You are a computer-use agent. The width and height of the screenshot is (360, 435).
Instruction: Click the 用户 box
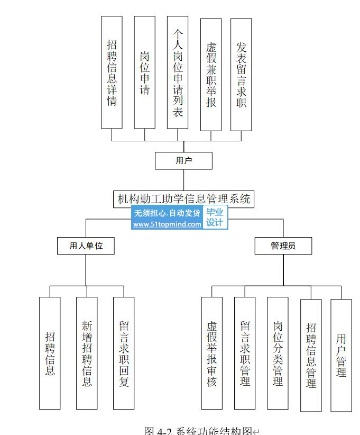click(x=183, y=161)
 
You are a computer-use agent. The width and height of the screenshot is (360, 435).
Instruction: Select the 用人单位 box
click(x=86, y=246)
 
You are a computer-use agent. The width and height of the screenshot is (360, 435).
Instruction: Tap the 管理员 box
click(x=283, y=246)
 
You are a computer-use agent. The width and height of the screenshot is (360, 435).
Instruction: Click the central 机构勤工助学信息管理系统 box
click(x=183, y=200)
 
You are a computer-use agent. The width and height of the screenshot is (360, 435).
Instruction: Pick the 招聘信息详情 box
click(x=112, y=72)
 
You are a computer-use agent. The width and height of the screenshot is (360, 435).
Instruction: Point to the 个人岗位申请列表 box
click(x=178, y=72)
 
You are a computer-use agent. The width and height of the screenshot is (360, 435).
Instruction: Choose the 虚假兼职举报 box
click(x=211, y=74)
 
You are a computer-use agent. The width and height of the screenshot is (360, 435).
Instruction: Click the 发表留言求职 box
click(x=241, y=74)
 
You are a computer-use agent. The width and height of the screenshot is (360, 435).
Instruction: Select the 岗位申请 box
click(x=144, y=72)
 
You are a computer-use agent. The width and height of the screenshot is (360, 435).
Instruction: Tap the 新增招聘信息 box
click(x=87, y=353)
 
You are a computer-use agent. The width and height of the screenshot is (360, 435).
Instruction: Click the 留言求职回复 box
click(x=124, y=353)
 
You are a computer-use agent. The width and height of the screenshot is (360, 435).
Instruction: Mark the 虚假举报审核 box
click(x=211, y=353)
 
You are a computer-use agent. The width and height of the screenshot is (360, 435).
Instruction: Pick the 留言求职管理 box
click(x=245, y=353)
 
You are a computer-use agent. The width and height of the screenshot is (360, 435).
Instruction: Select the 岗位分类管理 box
click(x=278, y=353)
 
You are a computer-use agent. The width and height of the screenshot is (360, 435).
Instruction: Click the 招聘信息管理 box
click(x=311, y=355)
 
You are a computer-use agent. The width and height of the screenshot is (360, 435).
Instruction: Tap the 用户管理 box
click(x=341, y=355)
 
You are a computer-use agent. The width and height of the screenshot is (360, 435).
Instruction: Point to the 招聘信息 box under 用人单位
click(x=50, y=353)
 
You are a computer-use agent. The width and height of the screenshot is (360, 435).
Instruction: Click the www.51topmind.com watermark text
click(x=167, y=224)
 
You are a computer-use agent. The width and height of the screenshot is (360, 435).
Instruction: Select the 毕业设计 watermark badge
click(x=215, y=218)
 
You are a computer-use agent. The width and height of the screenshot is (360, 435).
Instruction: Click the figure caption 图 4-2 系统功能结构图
click(x=199, y=430)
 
